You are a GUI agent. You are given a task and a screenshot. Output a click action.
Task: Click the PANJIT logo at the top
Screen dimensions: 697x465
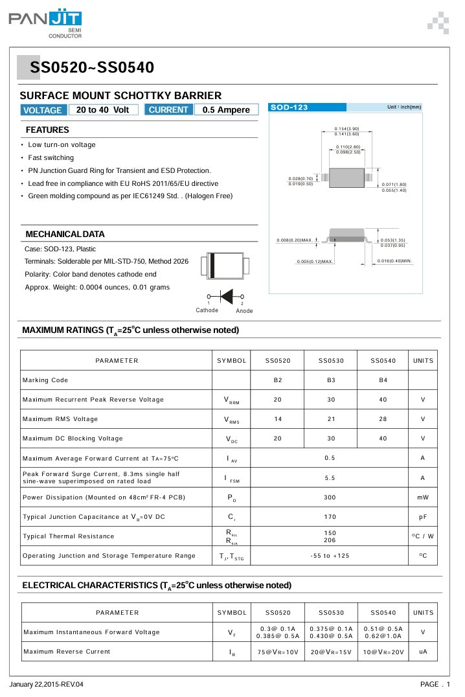[45, 23]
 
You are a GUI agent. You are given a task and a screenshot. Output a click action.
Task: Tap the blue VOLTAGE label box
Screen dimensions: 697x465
[43, 110]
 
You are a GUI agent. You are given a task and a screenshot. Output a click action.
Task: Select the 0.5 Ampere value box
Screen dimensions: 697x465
[226, 110]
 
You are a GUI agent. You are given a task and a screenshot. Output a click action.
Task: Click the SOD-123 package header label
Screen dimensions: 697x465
[289, 107]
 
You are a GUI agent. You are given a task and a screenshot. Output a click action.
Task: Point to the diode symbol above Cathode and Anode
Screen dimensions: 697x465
[225, 295]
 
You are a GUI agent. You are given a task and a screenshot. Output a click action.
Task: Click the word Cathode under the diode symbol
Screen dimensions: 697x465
[207, 310]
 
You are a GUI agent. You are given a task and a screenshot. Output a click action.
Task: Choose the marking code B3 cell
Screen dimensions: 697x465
[331, 380]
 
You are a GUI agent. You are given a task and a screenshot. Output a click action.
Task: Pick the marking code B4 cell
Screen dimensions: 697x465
[383, 380]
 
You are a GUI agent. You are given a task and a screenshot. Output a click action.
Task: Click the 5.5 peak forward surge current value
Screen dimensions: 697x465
[330, 478]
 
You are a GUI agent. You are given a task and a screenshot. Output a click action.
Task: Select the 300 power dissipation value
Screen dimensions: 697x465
[330, 497]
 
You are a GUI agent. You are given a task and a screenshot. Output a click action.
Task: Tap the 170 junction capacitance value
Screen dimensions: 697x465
[330, 517]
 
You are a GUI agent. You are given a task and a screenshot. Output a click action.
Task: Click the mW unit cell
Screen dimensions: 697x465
[423, 497]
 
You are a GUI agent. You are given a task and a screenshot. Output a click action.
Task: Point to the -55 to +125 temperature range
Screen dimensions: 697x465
[330, 556]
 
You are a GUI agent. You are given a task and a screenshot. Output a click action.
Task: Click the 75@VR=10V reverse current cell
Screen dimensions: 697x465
[277, 652]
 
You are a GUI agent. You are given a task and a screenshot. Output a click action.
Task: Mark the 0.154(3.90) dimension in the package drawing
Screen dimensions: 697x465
[347, 129]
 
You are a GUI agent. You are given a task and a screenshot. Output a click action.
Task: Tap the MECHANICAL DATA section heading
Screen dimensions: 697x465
[65, 234]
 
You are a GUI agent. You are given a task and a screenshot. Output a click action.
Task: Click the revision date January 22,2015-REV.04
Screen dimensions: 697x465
[47, 685]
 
